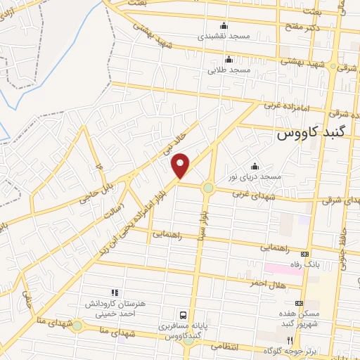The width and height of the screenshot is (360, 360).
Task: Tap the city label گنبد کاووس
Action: coord(311,132)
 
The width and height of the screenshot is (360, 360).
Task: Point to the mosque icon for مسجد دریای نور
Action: coord(254,166)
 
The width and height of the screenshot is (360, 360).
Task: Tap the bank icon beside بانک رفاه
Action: coord(304,253)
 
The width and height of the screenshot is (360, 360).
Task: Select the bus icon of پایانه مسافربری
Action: coord(184,315)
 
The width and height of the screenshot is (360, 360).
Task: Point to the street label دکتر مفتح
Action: coord(303,27)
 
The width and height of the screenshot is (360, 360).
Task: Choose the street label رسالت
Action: coord(113,207)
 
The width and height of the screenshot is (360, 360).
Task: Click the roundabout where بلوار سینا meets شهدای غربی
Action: coord(208,188)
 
